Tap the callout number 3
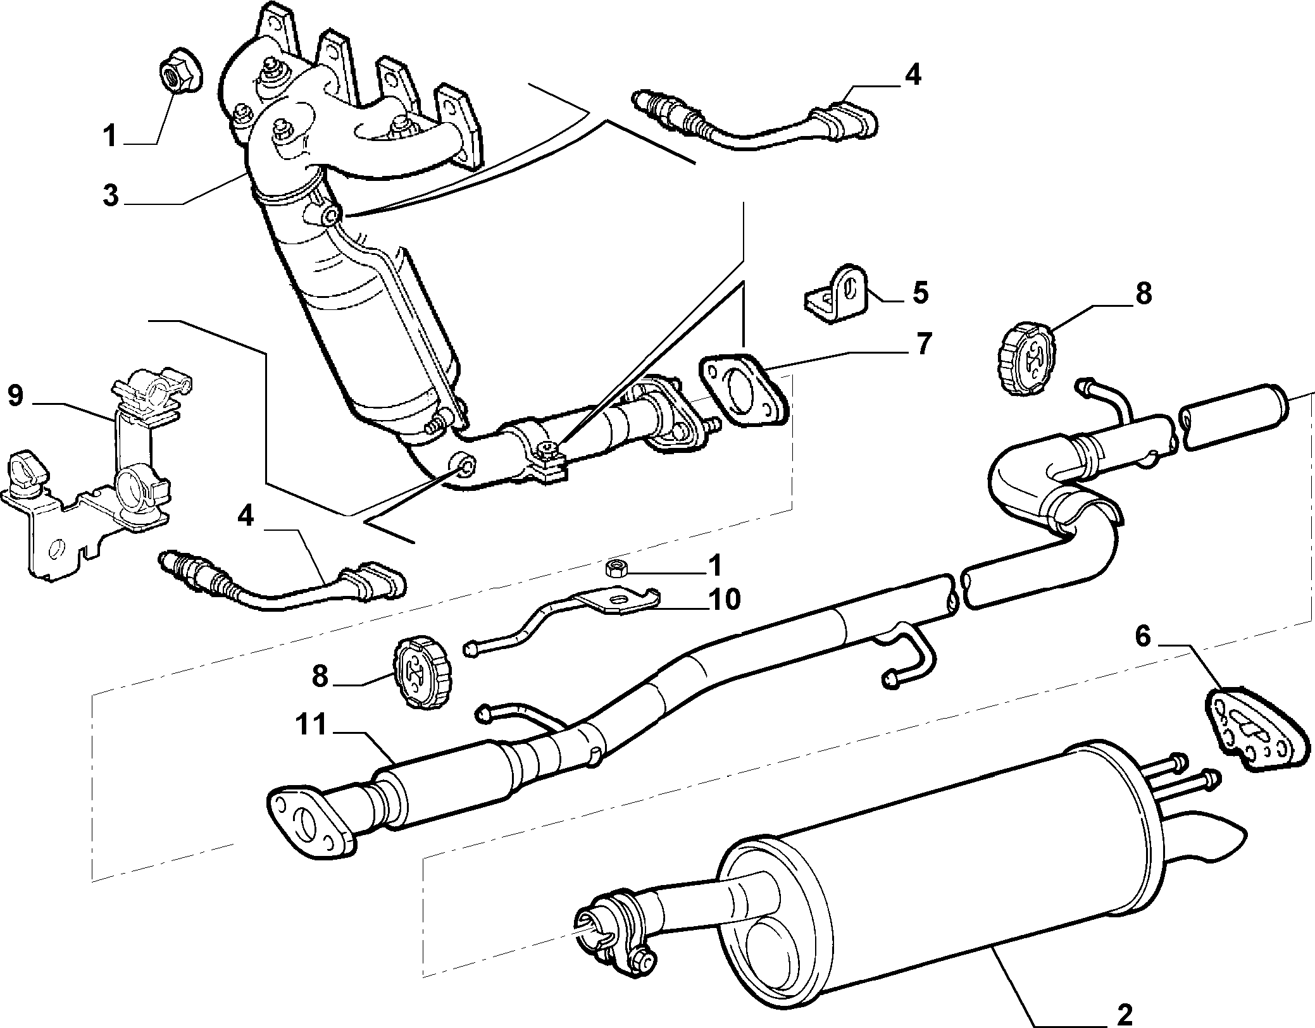tap(111, 195)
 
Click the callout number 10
tap(723, 598)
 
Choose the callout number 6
tap(1142, 637)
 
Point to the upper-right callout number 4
tap(912, 75)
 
